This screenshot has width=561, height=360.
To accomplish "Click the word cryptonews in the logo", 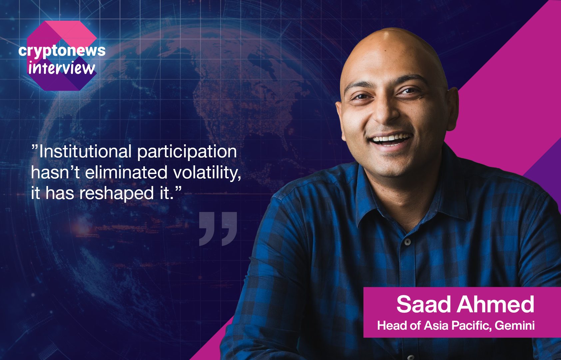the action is [62, 51].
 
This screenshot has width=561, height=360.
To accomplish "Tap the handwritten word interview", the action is [62, 68].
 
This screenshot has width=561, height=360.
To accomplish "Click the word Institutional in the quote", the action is [85, 152].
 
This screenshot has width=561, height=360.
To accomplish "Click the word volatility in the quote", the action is [207, 173].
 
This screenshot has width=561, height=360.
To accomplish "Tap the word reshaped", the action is [117, 194].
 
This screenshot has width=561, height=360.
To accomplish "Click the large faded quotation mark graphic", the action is [218, 229].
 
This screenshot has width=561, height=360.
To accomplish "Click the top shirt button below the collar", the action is [408, 242].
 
